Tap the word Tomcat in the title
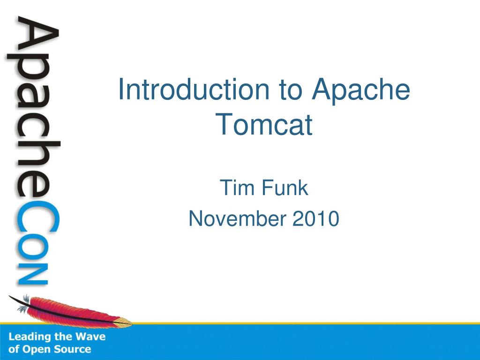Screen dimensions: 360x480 (264, 125)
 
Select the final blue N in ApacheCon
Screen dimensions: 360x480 (32, 275)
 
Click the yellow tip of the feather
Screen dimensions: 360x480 (123, 322)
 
